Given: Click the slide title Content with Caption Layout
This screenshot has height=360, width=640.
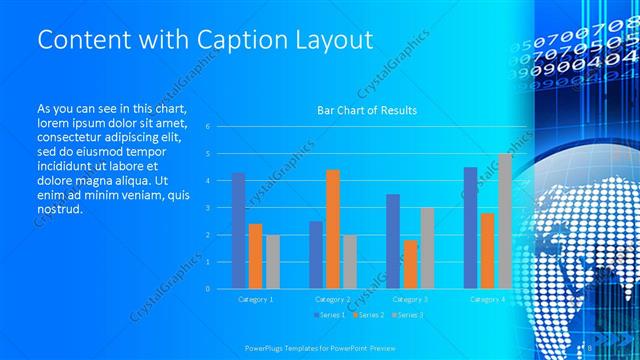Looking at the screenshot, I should (205, 40).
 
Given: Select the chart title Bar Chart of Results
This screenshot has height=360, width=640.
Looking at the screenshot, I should (367, 110).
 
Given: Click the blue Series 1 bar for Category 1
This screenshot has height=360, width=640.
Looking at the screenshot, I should (238, 230).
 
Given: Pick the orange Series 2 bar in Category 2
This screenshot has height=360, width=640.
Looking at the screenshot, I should (332, 229).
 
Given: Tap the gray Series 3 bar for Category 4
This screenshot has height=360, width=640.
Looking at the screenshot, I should (505, 221).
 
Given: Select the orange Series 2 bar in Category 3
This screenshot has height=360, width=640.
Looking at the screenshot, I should (410, 264).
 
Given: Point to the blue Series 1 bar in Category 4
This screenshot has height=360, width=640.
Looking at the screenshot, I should (470, 227).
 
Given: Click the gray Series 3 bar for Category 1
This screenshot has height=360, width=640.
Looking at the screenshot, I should (273, 261).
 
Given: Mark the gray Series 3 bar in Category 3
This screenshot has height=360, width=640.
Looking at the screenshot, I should (427, 247).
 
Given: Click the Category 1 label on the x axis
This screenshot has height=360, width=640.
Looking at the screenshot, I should (256, 299).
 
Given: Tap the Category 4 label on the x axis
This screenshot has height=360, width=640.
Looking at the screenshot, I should (487, 299).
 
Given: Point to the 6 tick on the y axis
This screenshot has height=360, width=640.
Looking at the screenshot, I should (207, 127).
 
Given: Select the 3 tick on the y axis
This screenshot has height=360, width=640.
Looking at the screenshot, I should (207, 208).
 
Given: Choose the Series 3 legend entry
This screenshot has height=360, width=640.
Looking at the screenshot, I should (406, 316).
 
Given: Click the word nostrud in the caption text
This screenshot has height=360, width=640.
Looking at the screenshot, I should (58, 210).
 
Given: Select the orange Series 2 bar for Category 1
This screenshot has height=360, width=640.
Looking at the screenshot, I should (255, 256).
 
